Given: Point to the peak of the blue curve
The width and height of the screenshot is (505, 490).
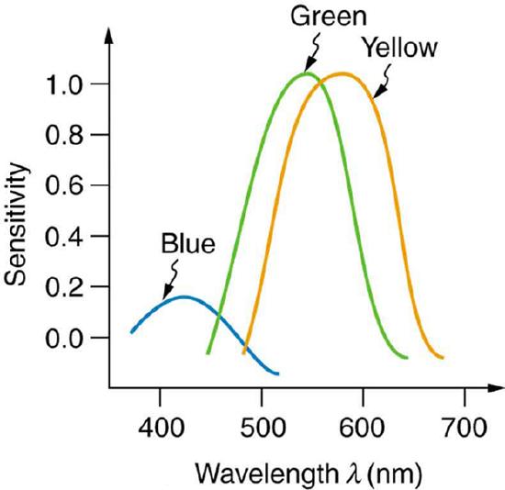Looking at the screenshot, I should (185, 296).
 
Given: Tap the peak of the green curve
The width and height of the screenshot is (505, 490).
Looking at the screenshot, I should (307, 72).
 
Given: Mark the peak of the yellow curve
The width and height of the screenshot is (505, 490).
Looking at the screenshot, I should (343, 72).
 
